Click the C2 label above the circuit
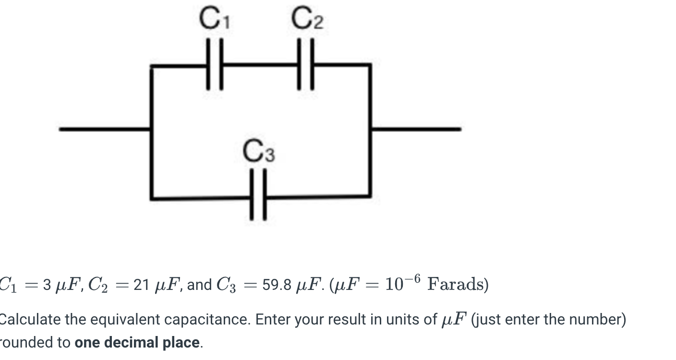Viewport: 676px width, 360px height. point(307,20)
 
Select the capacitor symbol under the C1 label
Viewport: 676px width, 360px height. point(215,65)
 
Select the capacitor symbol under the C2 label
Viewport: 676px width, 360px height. point(305,65)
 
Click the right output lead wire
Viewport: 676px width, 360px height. point(416,129)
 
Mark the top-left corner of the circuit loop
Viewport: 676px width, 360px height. point(152,66)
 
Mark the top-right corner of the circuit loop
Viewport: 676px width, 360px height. point(369,66)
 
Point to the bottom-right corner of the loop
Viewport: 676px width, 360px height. point(369,196)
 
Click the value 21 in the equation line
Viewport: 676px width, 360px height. point(141,285)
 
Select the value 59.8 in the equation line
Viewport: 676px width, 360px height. point(277,285)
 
